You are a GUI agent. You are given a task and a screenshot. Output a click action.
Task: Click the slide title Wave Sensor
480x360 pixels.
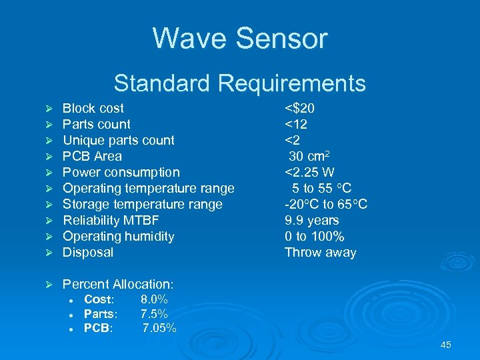point(240,38)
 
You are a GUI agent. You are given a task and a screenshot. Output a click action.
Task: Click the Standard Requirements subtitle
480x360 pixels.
point(240,83)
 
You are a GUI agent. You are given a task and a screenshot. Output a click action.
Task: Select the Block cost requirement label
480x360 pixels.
point(93,108)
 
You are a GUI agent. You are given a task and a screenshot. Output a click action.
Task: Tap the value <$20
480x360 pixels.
point(300,108)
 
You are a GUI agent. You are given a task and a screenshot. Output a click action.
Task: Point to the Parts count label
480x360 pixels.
point(97,124)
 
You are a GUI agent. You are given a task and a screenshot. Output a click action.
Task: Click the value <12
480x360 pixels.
point(297,124)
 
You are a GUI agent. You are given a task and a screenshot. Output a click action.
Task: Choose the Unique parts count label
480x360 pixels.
point(119,140)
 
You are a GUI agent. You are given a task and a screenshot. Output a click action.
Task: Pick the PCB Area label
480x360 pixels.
point(92,156)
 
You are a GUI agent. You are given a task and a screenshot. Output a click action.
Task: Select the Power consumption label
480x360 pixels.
point(121,172)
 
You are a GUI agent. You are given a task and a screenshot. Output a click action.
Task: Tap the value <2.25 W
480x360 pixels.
point(310,172)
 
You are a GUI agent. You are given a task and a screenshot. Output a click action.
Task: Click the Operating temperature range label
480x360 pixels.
point(149,188)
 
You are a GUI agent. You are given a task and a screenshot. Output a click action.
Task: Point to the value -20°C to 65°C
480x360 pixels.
point(326,204)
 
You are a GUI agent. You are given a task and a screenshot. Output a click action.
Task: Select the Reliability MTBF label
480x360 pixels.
point(111,220)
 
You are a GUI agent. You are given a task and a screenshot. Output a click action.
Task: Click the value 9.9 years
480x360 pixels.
point(312,220)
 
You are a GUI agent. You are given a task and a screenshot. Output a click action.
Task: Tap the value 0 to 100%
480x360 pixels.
point(314,236)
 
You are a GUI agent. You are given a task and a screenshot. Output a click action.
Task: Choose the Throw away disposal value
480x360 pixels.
point(321,252)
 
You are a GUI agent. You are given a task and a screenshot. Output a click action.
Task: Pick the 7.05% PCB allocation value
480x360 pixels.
point(159,327)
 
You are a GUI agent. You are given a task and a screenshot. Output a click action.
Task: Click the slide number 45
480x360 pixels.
point(446,345)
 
